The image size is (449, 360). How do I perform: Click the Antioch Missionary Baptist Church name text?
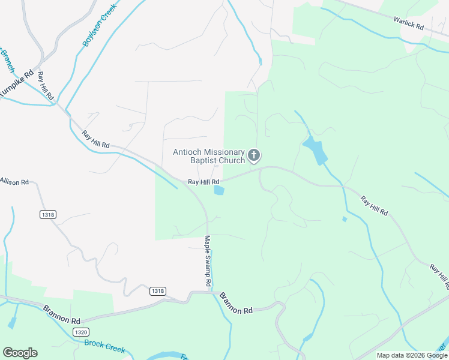point(209,156)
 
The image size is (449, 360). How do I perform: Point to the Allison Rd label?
point(14,181)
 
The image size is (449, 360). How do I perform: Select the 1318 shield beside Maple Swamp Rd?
point(157,291)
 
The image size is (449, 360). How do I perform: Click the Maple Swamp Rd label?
point(208,260)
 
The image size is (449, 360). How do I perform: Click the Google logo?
point(20,353)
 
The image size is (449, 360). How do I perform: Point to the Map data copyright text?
point(411,355)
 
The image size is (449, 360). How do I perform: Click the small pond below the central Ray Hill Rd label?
point(219,191)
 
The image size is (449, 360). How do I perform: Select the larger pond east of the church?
point(315,150)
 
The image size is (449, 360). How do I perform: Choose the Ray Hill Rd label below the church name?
point(203,181)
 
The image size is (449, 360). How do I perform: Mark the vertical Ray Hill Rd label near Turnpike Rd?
point(46,86)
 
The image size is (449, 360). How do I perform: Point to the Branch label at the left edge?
point(7,61)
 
